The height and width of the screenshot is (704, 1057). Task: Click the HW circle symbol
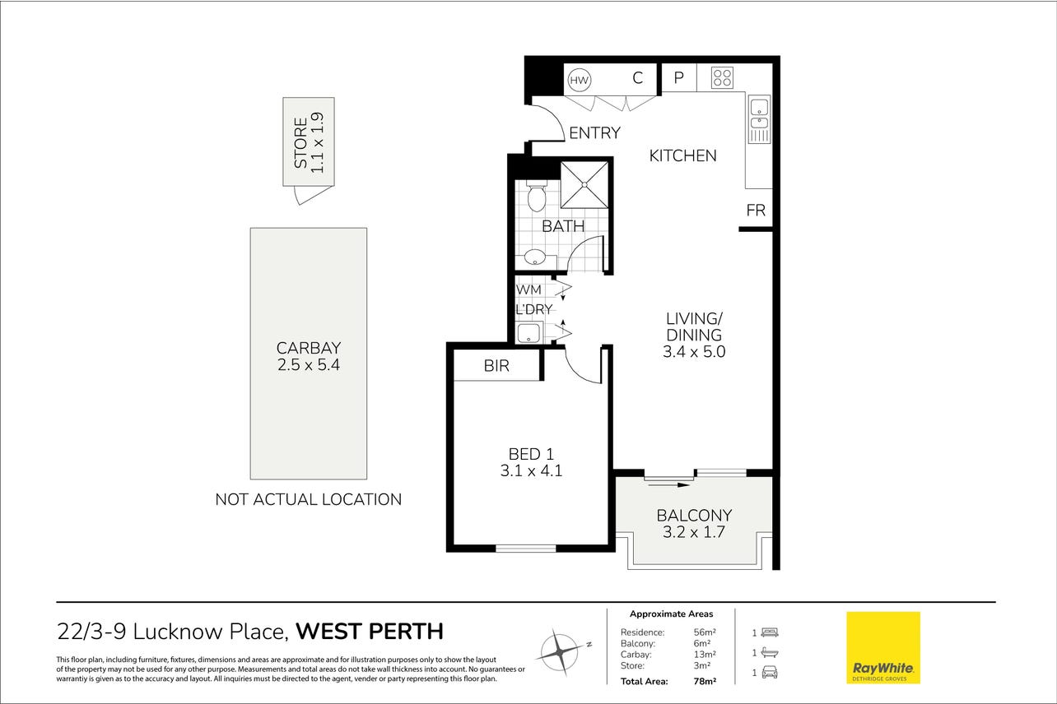pos(579,80)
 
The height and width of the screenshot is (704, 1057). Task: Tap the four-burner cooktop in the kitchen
pos(722,78)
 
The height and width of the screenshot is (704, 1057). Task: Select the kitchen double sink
pos(759,118)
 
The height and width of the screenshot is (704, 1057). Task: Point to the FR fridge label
pos(756,211)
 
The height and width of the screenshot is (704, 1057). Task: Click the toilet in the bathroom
pos(536,196)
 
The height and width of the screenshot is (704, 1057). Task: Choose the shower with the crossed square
pos(584,184)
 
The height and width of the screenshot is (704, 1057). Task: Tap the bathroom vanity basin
pos(535,257)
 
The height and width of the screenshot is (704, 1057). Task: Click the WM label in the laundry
pos(528,289)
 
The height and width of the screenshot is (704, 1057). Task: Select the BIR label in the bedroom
pos(496,366)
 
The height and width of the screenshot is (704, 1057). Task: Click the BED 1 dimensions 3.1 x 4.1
pos(531,470)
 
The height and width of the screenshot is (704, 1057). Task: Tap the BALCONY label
pos(694,515)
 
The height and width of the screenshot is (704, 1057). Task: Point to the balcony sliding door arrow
pos(669,484)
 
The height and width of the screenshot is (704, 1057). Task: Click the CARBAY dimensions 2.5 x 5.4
pos(309,364)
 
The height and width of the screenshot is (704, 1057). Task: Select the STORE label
pos(300,142)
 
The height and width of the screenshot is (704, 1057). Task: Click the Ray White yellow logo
pos(882,647)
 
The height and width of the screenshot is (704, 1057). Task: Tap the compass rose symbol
pos(561,652)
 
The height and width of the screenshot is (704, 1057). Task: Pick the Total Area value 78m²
pos(705,681)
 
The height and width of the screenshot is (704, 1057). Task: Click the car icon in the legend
pos(770,673)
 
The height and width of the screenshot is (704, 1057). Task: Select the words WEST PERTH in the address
pos(370,632)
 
